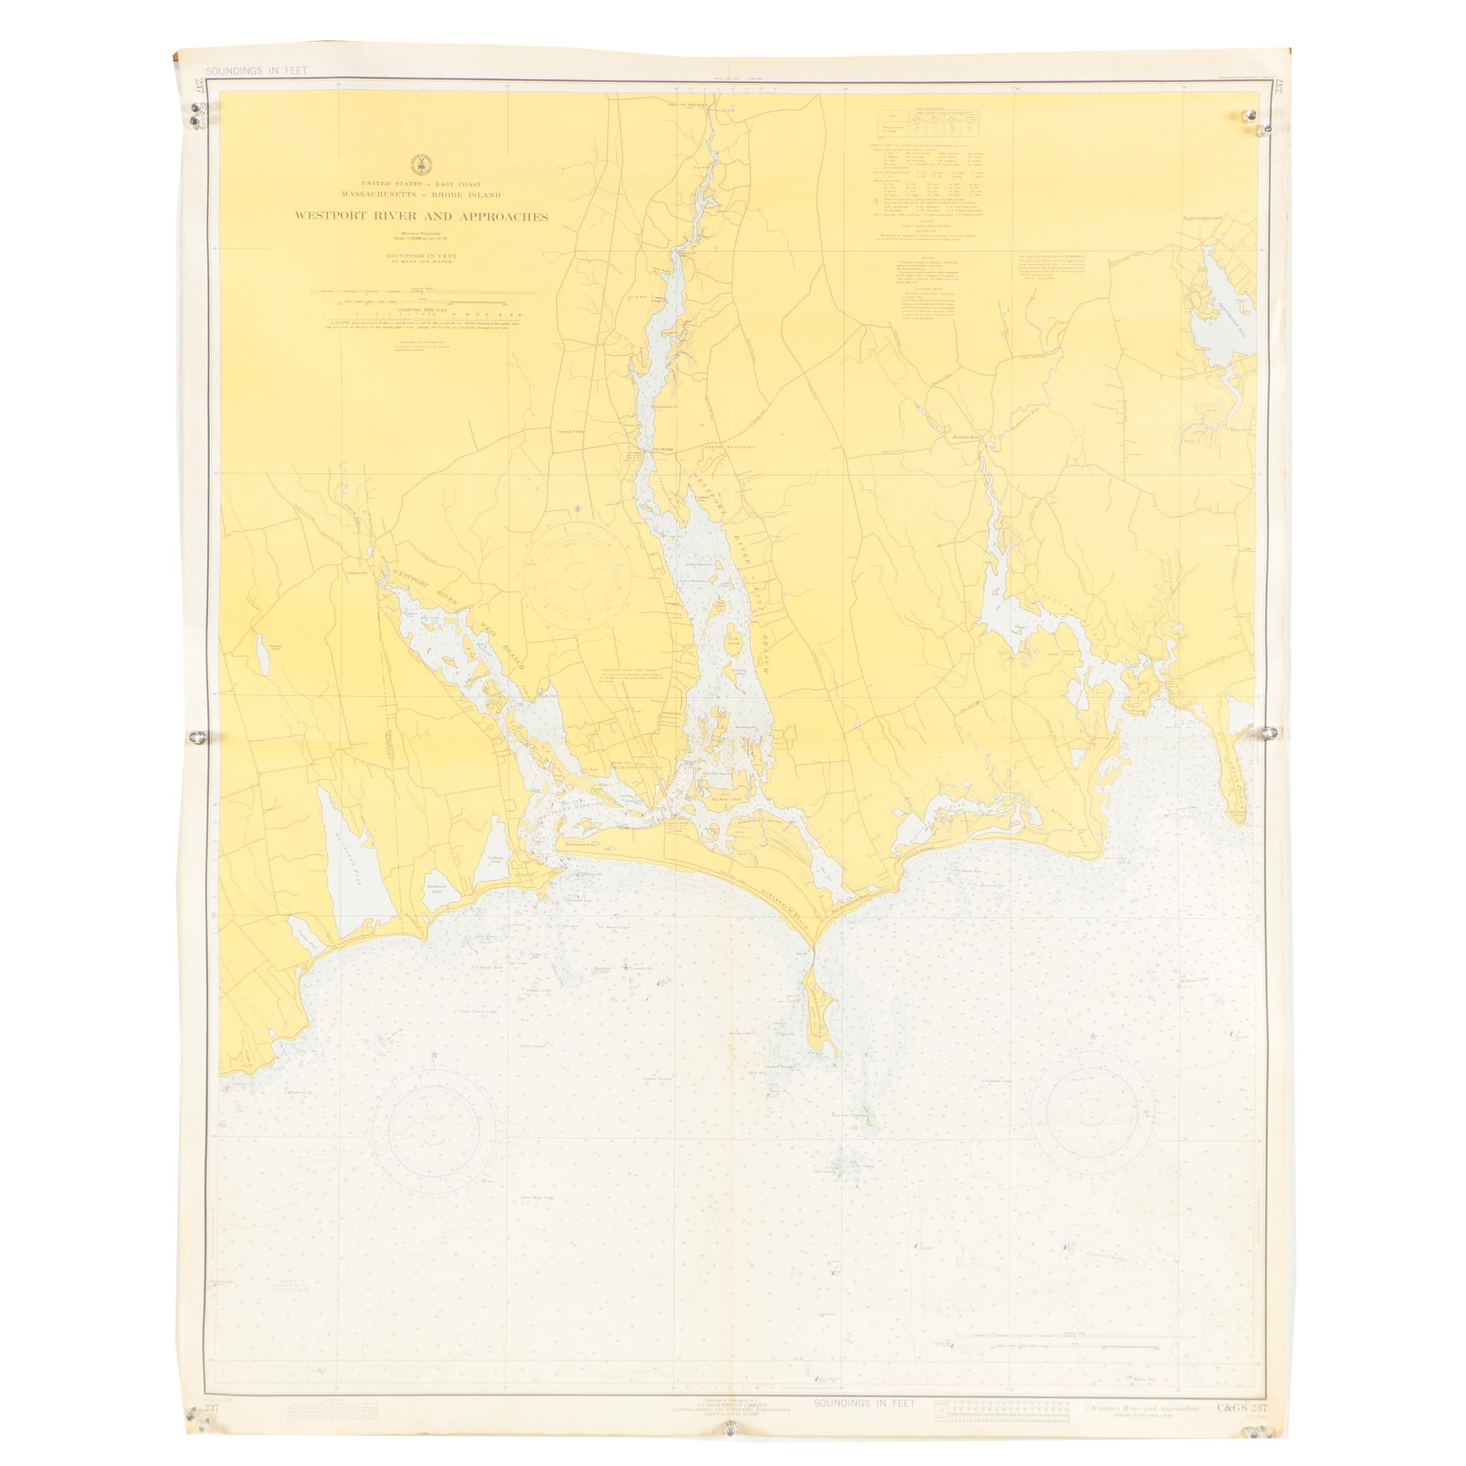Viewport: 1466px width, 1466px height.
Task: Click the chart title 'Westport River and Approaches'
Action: (x=422, y=216)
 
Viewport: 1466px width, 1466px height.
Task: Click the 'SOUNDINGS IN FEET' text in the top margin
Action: (x=256, y=71)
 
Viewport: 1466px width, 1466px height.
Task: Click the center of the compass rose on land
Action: (x=577, y=574)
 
